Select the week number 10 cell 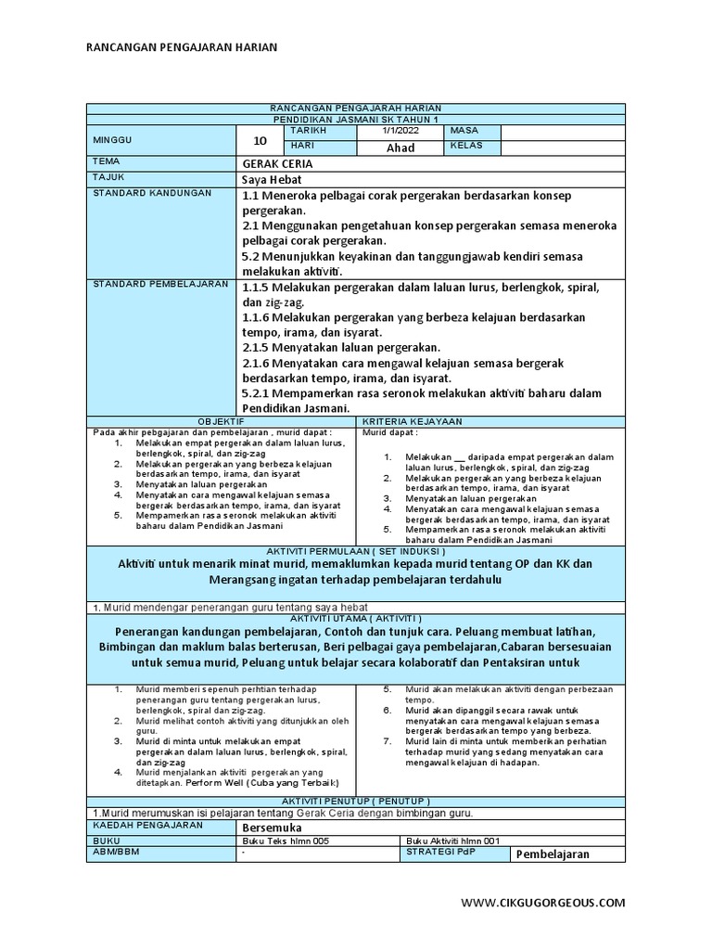point(260,140)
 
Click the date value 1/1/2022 point(400,131)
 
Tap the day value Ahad point(400,148)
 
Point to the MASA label point(464,131)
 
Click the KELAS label point(466,147)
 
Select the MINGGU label point(113,139)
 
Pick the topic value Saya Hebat point(272,178)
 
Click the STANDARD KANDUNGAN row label point(152,193)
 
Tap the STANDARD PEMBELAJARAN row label point(159,283)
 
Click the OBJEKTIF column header point(222,421)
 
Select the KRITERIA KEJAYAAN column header point(491,421)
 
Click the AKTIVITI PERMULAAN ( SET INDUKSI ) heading point(356,551)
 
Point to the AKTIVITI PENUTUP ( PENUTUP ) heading point(356,800)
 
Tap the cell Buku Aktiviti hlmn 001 point(454,841)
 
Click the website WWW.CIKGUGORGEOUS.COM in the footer point(542,902)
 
